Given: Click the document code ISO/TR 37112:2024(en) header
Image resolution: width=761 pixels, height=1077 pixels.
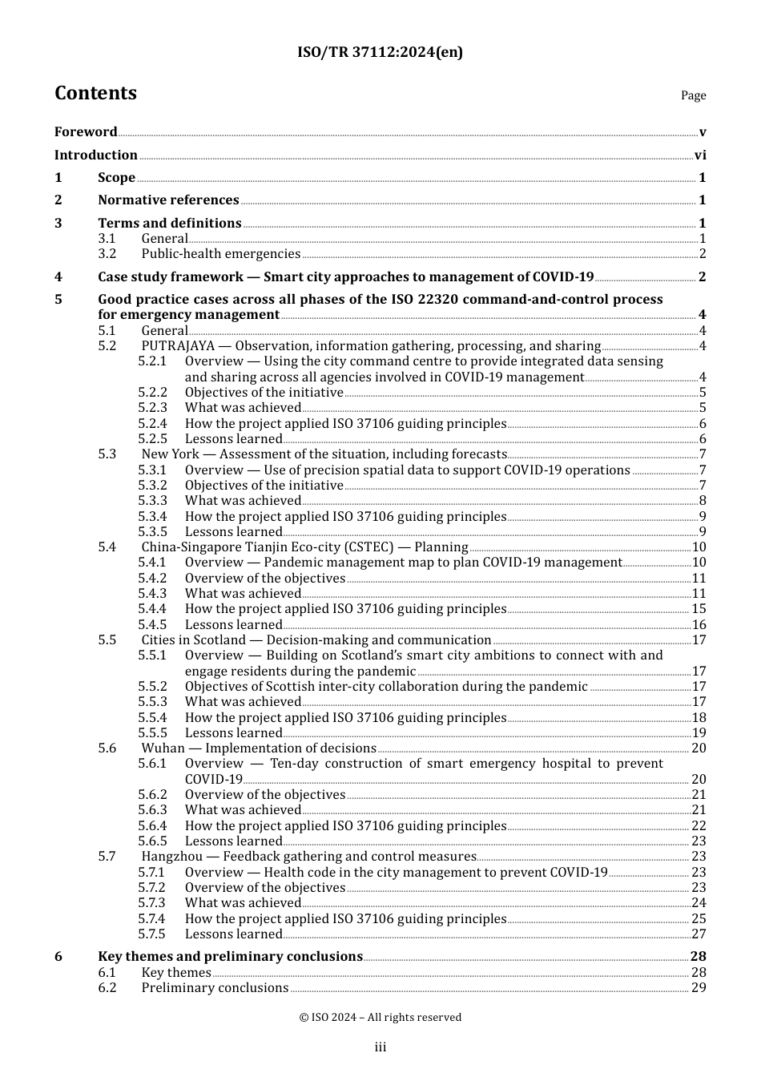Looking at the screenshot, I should click(380, 52).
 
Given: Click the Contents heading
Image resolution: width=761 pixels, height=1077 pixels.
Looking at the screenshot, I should click(95, 93).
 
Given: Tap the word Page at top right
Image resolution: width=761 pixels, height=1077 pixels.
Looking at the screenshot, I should click(693, 95).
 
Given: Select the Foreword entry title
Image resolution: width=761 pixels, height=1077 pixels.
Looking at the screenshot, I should click(86, 132).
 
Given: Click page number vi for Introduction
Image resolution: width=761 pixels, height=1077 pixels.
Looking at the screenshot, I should click(700, 155).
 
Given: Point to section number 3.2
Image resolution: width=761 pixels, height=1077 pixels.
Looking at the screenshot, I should click(107, 254).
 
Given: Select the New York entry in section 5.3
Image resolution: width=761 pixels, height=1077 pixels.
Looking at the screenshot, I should click(170, 454).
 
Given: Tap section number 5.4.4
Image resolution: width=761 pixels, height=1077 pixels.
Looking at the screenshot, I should click(152, 609).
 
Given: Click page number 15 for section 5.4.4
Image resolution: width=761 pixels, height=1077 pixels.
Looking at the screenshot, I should click(699, 609).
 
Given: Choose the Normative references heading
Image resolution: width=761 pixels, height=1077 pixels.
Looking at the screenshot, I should click(168, 200).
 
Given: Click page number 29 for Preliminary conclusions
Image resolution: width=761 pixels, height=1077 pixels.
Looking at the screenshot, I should click(699, 988).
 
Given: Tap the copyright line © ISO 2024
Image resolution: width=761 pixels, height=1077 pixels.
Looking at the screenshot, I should click(380, 1018).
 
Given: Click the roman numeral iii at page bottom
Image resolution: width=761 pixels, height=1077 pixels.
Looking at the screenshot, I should click(380, 1047).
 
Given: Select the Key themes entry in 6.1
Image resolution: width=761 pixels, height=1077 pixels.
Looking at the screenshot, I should click(176, 973).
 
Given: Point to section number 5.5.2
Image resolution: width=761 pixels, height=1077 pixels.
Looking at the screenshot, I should click(152, 687).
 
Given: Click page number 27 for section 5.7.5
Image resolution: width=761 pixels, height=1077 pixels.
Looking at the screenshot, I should click(699, 934).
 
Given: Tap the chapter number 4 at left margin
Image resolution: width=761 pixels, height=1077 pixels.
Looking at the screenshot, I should click(58, 277).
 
